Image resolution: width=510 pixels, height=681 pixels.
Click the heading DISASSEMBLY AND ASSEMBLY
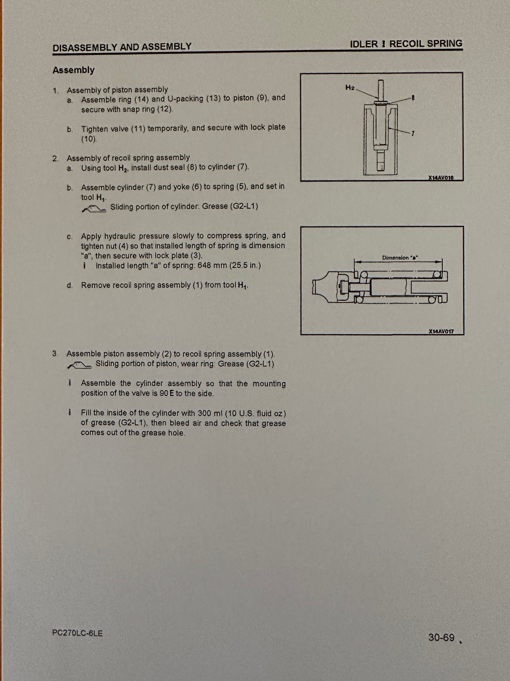tap(122, 46)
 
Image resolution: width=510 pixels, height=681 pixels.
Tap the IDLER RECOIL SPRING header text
tap(406, 44)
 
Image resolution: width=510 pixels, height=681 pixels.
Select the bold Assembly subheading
tap(73, 70)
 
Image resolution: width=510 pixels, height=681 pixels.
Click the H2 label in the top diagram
tap(350, 87)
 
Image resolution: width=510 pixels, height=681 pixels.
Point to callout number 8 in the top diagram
tap(413, 97)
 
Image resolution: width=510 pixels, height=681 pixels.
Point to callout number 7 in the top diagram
tap(413, 134)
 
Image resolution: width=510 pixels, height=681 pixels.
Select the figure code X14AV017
tap(441, 331)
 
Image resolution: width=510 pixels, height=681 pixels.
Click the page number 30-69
tap(441, 637)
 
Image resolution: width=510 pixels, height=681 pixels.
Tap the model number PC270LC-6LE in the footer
tap(77, 633)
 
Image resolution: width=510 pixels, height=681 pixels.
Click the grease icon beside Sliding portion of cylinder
tap(94, 209)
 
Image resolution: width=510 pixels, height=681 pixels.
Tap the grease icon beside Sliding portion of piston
tap(79, 366)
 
